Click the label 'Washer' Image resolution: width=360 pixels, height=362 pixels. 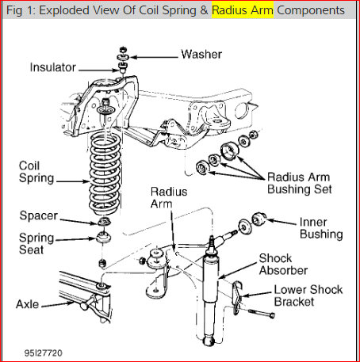click(x=201, y=55)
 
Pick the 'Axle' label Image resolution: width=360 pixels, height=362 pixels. click(x=29, y=303)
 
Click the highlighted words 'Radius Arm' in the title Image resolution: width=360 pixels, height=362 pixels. click(x=242, y=11)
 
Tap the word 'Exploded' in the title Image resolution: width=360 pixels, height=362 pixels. click(x=68, y=11)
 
